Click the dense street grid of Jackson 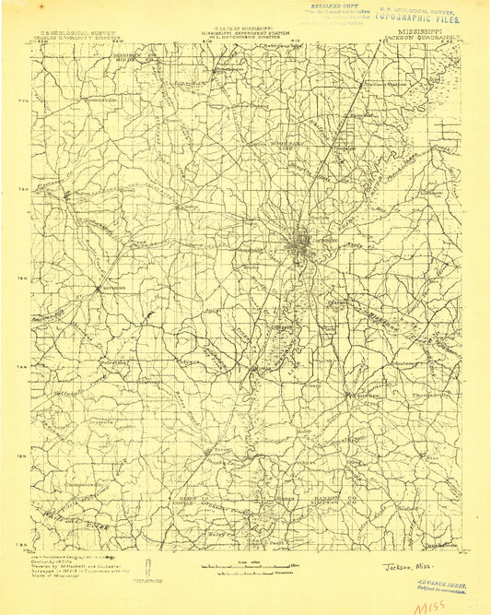[x=300, y=247]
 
